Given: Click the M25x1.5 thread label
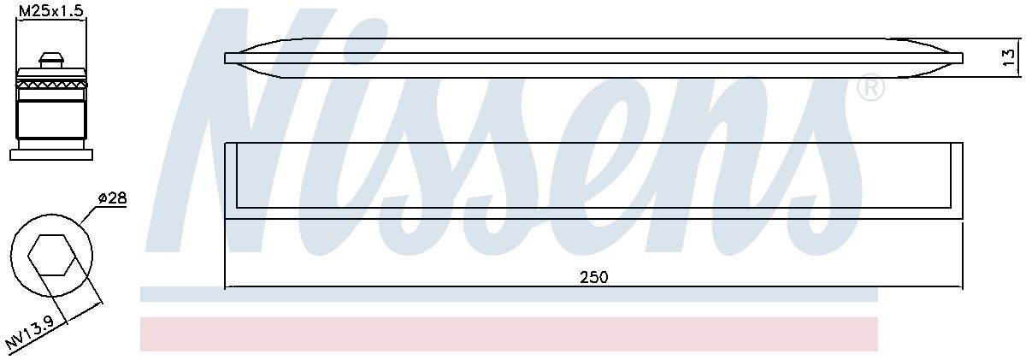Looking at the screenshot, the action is [50, 11].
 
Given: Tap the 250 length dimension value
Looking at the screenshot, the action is [594, 278].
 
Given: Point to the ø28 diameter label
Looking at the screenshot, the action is [112, 198].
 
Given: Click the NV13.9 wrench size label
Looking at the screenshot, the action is [30, 333].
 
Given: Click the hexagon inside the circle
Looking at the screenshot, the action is [51, 255].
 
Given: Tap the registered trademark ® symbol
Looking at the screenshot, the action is [870, 87].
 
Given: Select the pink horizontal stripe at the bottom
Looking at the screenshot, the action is [509, 333].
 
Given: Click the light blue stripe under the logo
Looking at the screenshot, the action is [509, 295].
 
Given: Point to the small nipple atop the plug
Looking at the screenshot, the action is [50, 60].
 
